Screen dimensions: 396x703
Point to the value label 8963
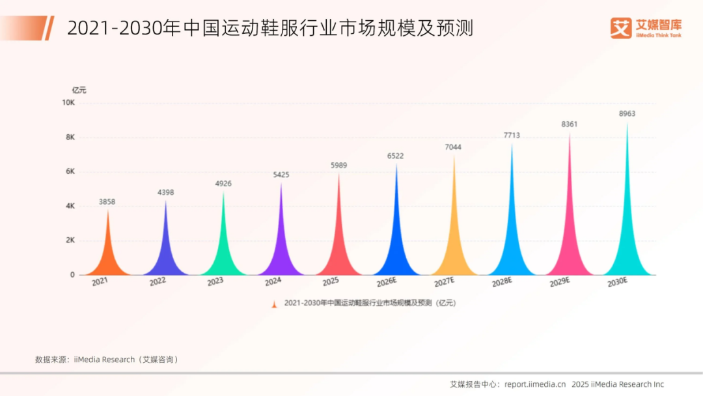click(627, 114)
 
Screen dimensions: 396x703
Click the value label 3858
click(107, 202)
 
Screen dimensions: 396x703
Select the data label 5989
click(338, 165)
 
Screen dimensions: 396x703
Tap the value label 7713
click(512, 135)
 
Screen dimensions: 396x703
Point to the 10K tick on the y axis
click(68, 103)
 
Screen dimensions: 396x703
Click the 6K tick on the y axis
click(70, 171)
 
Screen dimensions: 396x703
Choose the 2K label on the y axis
click(70, 240)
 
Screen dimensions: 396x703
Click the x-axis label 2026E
click(387, 282)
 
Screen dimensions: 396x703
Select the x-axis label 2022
click(158, 282)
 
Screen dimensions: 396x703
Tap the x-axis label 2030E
click(617, 282)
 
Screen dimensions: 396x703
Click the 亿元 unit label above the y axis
click(79, 90)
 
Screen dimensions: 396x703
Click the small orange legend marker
click(275, 303)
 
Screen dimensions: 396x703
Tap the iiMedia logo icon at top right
click(622, 27)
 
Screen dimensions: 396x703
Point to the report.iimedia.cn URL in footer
click(535, 384)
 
